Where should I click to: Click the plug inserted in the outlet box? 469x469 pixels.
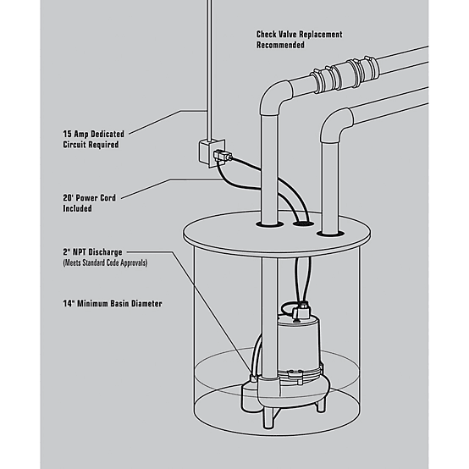[x=225, y=155]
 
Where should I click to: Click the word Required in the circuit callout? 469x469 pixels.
[x=91, y=145]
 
